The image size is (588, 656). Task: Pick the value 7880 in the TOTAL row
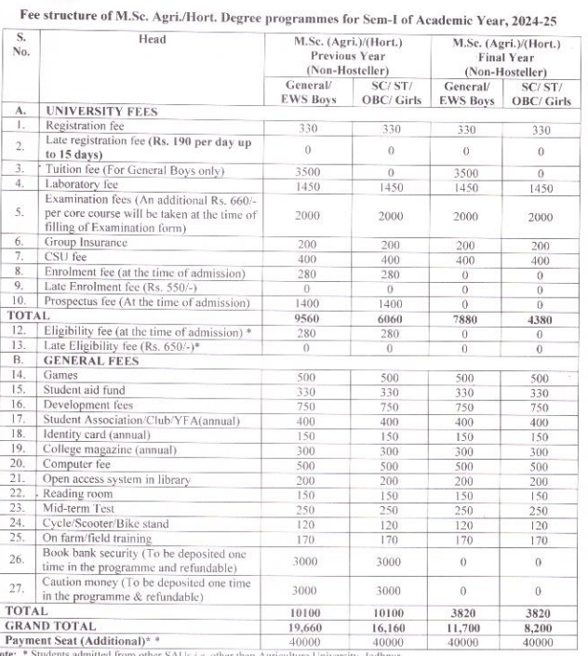[466, 315]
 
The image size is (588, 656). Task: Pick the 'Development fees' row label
[88, 407]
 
